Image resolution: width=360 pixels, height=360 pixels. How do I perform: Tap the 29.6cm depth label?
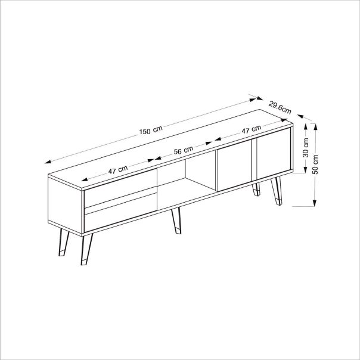(280, 107)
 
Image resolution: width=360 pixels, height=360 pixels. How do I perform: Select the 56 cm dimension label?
(184, 151)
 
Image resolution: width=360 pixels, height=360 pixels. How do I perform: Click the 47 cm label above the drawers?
(118, 169)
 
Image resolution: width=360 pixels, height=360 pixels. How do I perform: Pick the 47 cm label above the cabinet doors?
(251, 129)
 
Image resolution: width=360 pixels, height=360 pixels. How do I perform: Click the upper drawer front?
(120, 191)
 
